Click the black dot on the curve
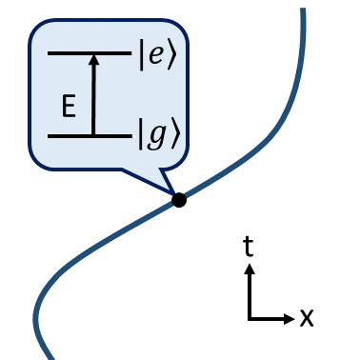pyautogui.click(x=178, y=199)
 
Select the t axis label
pyautogui.click(x=249, y=249)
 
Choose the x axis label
pyautogui.click(x=306, y=317)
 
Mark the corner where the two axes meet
pyautogui.click(x=250, y=317)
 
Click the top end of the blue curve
pyautogui.click(x=304, y=10)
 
